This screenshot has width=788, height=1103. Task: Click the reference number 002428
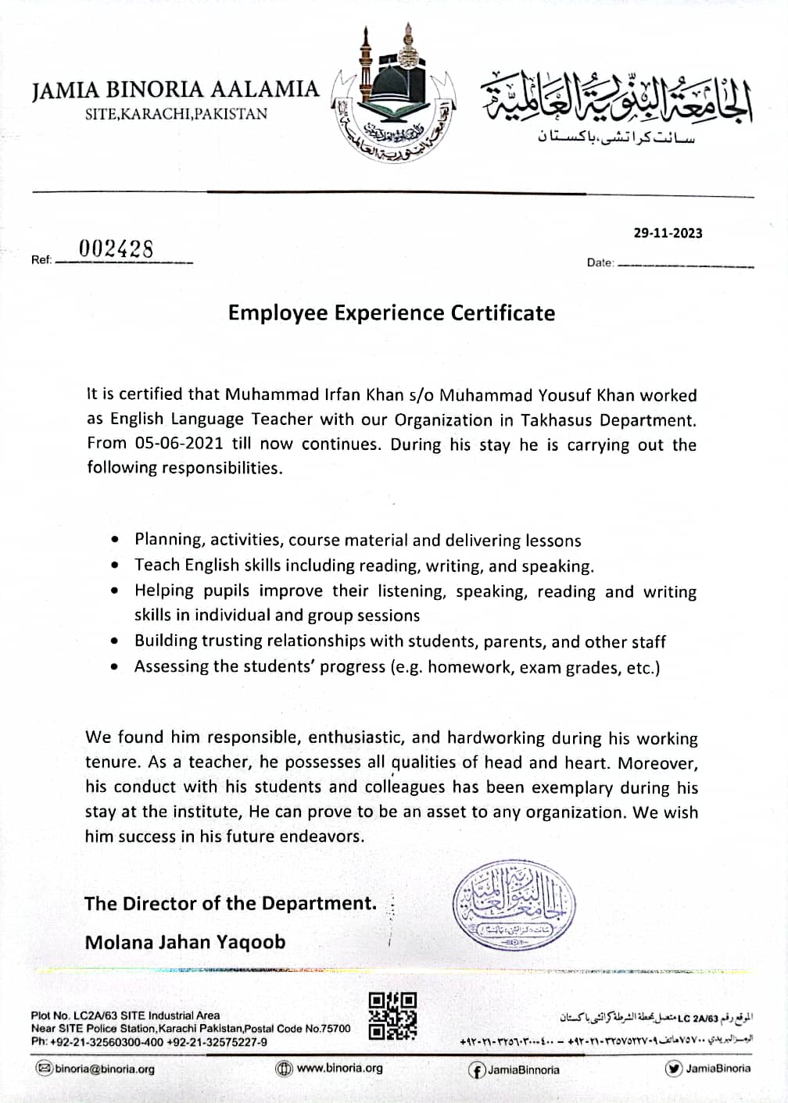pyautogui.click(x=116, y=248)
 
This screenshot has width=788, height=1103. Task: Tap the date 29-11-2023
pyautogui.click(x=668, y=233)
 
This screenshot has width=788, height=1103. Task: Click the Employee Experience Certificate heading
pyautogui.click(x=392, y=312)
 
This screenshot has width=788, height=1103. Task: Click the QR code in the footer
pyautogui.click(x=392, y=1016)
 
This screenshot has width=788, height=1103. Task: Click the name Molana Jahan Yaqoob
pyautogui.click(x=185, y=942)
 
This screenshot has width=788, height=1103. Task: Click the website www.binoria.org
pyautogui.click(x=339, y=1068)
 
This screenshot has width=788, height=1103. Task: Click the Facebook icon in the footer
pyautogui.click(x=476, y=1069)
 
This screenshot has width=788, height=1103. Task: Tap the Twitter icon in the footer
pyautogui.click(x=673, y=1069)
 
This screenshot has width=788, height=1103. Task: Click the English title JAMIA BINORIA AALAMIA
pyautogui.click(x=176, y=90)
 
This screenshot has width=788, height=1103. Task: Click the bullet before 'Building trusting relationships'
pyautogui.click(x=116, y=641)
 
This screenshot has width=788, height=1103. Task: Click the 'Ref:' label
pyautogui.click(x=41, y=259)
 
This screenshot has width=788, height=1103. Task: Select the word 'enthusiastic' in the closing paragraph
pyautogui.click(x=356, y=737)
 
